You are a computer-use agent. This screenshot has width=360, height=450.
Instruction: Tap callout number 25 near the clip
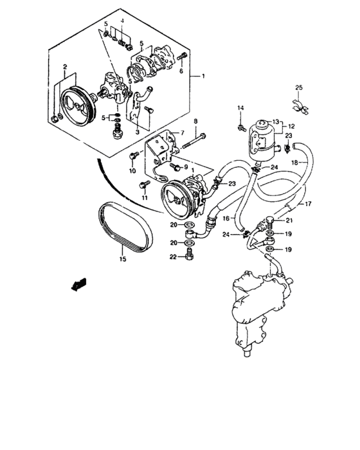click(298, 88)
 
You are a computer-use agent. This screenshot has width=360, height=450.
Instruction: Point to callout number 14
click(241, 107)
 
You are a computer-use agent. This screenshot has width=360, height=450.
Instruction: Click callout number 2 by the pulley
click(65, 66)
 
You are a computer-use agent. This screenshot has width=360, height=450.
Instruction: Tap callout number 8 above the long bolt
click(178, 120)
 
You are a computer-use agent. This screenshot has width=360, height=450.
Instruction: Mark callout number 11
click(145, 198)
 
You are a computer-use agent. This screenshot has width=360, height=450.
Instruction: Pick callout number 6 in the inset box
click(182, 71)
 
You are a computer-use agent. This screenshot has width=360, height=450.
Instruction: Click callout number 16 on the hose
click(226, 219)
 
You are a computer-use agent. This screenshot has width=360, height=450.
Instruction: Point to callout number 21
click(289, 221)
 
